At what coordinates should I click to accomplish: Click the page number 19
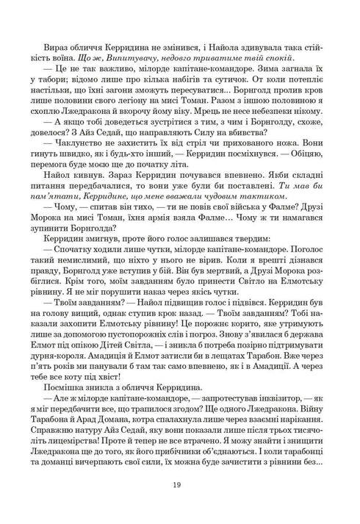[180, 484]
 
